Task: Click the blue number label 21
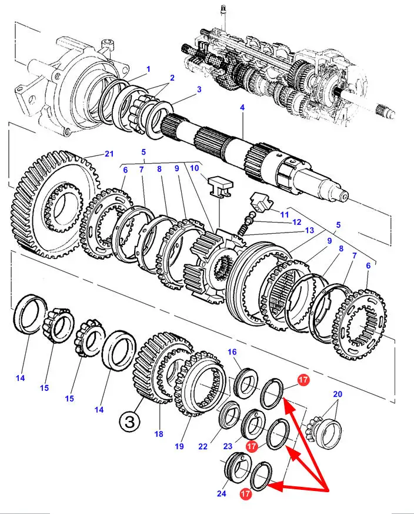[x=109, y=154]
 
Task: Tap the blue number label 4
[x=242, y=108]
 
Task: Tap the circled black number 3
[x=131, y=422]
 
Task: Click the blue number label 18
[x=158, y=435]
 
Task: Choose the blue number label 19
[x=180, y=446]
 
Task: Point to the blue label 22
[x=203, y=446]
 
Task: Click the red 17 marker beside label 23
[x=252, y=447]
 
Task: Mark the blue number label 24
[x=221, y=493]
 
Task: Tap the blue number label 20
[x=337, y=394]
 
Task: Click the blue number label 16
[x=232, y=352]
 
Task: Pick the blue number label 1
[x=148, y=69]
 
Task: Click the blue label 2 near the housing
[x=172, y=78]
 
